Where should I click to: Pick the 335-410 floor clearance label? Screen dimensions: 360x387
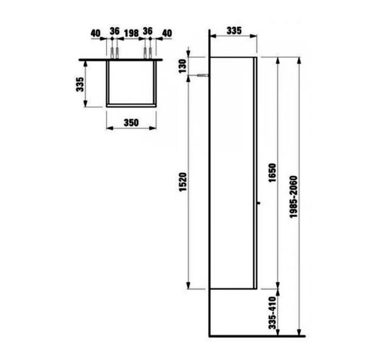(x=272, y=314)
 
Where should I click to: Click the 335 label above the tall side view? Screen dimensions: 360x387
(x=235, y=30)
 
